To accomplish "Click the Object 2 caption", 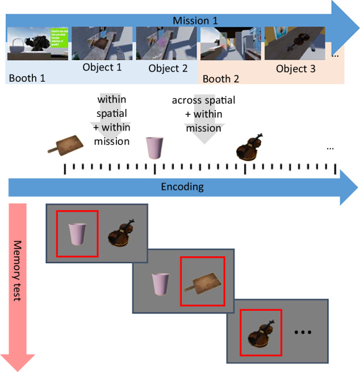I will pos(168,69).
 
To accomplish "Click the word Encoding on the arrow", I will pos(182,187).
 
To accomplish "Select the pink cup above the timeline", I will pos(154,149).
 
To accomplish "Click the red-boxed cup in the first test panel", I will pos(77,234).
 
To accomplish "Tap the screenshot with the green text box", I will pos(37,43).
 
